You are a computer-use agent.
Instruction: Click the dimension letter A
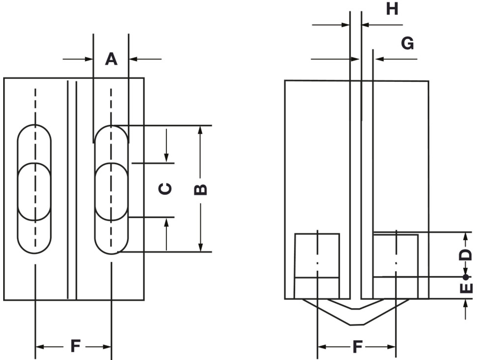click(111, 59)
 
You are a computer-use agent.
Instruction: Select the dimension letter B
click(200, 189)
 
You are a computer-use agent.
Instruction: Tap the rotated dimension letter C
click(165, 189)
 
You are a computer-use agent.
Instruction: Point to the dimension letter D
click(465, 255)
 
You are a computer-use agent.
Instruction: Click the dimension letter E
click(466, 288)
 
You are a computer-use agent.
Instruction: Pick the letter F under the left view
click(75, 346)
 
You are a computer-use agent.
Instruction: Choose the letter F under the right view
click(357, 347)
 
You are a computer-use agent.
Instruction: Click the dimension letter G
click(407, 43)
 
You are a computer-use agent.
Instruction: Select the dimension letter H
click(392, 9)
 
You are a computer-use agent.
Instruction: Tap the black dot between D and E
click(466, 277)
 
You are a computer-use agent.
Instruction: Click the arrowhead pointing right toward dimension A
click(89, 59)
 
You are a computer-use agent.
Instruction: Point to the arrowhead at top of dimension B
click(201, 130)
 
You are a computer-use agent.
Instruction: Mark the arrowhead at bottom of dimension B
click(201, 247)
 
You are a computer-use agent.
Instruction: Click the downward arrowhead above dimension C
click(166, 158)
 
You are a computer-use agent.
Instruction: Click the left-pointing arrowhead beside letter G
click(379, 59)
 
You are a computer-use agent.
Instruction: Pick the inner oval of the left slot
click(34, 191)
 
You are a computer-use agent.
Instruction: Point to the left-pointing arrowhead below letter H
click(365, 25)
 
